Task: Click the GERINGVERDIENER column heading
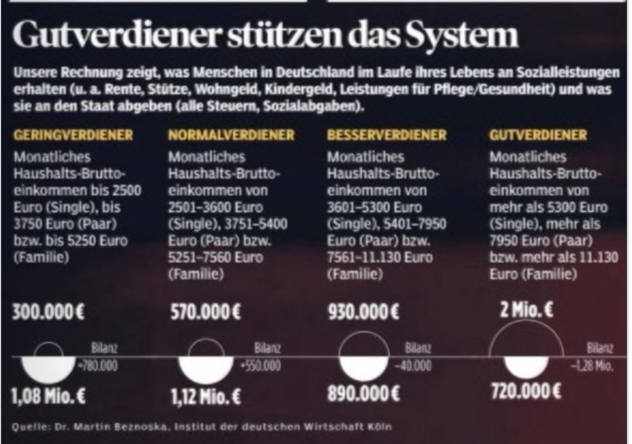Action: (x=73, y=135)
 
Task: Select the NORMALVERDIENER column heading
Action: (x=231, y=135)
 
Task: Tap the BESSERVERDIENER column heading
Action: (x=387, y=135)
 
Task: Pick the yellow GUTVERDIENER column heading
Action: (x=538, y=135)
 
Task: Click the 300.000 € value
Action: (x=48, y=311)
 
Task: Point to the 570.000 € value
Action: (x=205, y=311)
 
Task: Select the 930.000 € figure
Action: (x=363, y=311)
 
